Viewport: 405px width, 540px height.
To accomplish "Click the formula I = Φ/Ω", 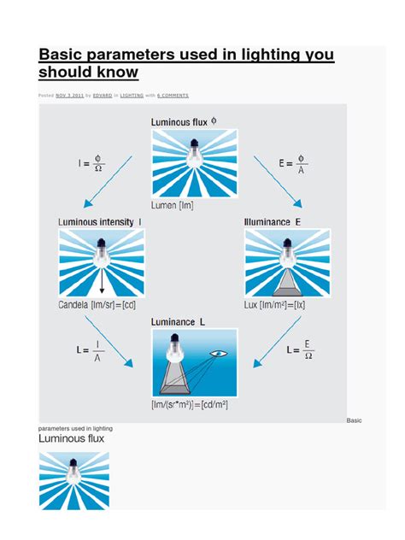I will [87, 160].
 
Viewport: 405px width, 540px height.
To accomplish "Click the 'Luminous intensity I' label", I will [100, 222].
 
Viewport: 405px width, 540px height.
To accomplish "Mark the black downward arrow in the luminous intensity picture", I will [102, 278].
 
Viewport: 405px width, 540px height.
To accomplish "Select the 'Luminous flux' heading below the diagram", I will [72, 438].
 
